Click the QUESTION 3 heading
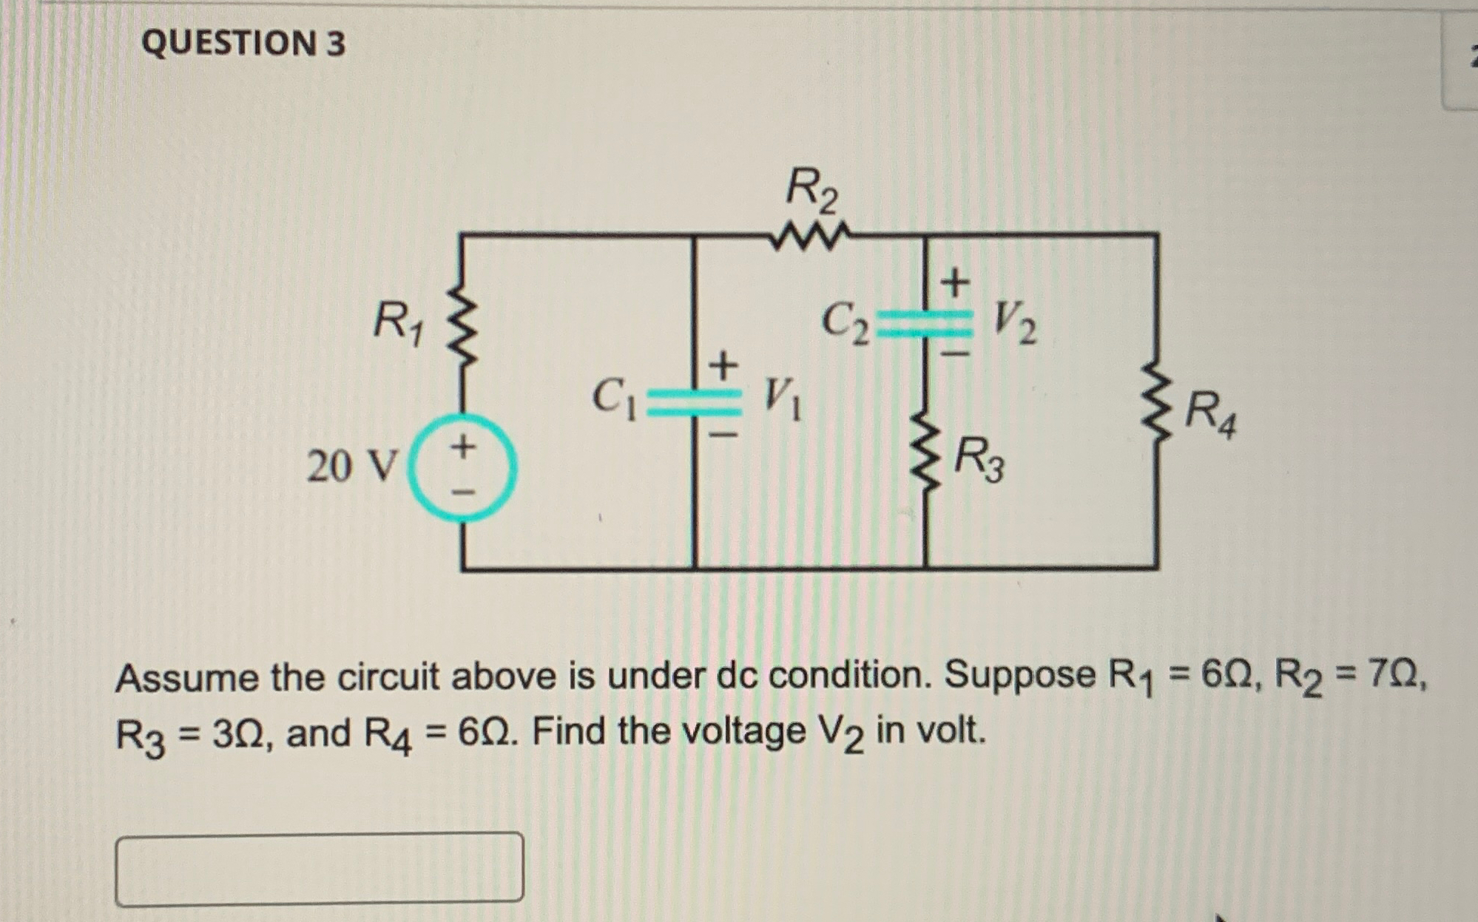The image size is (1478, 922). click(243, 43)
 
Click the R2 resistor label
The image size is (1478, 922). click(811, 191)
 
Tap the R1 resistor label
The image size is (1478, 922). click(398, 322)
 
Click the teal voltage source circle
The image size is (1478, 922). click(463, 467)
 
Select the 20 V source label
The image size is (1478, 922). click(352, 466)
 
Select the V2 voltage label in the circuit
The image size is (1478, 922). click(1014, 322)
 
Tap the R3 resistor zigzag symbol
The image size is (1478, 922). click(925, 458)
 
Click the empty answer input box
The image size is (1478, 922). click(320, 868)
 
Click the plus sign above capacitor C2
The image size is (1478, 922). click(954, 282)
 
